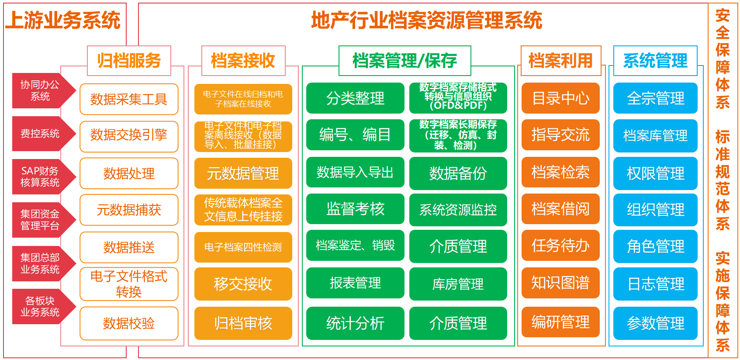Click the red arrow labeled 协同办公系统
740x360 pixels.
coord(41,90)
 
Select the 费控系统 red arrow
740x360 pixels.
coord(41,134)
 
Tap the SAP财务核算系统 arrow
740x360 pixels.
coord(41,177)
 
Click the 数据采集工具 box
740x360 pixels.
coord(129,99)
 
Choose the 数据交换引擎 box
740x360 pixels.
coord(129,135)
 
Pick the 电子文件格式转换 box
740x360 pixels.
coord(129,284)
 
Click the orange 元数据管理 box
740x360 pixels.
coord(243,173)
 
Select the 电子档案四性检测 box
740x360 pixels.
coord(243,247)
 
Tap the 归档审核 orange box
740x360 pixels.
coord(243,323)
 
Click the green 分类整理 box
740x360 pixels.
coord(355,98)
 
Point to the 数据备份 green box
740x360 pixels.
coord(458,173)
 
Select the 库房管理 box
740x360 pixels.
coord(458,284)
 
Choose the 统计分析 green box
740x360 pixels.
coord(355,323)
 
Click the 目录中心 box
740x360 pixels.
coord(560,98)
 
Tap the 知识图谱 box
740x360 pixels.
coord(560,283)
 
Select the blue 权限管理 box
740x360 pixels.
coord(655,173)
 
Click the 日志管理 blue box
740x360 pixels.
coord(655,284)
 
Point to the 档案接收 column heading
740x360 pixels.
coord(243,61)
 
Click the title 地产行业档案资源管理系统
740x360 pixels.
coord(426,21)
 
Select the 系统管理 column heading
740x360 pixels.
coord(655,61)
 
